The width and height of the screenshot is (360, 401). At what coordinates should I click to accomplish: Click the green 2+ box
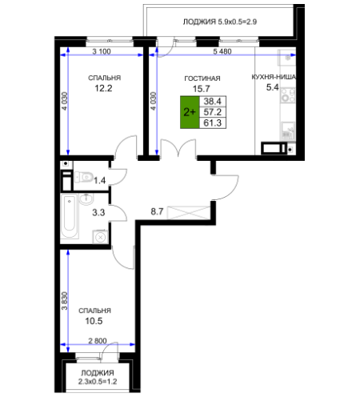pyautogui.click(x=190, y=112)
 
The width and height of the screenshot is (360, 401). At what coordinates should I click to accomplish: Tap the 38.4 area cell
pyautogui.click(x=213, y=101)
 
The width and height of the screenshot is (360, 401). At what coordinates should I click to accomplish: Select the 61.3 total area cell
pyautogui.click(x=213, y=123)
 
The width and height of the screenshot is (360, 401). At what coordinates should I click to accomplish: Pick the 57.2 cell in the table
pyautogui.click(x=213, y=112)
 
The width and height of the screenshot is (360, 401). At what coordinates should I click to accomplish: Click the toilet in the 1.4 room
pyautogui.click(x=84, y=177)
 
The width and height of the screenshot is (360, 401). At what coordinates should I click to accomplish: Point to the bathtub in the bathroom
pyautogui.click(x=70, y=216)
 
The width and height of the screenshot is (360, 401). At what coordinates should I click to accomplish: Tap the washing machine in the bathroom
pyautogui.click(x=100, y=237)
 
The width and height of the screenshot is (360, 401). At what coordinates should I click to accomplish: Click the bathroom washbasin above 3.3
pyautogui.click(x=86, y=199)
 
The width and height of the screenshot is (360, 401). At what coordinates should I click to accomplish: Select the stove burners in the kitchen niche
pyautogui.click(x=288, y=95)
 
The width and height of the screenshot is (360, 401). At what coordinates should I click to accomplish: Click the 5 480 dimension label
pyautogui.click(x=222, y=51)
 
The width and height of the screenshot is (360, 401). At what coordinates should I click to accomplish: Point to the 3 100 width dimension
pyautogui.click(x=102, y=51)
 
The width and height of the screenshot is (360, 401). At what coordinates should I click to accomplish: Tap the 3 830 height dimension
pyautogui.click(x=65, y=301)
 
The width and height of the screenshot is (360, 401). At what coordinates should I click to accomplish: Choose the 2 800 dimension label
pyautogui.click(x=98, y=341)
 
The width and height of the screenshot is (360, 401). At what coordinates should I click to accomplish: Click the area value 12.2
pyautogui.click(x=103, y=88)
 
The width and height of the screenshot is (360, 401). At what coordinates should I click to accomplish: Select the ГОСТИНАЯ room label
pyautogui.click(x=202, y=78)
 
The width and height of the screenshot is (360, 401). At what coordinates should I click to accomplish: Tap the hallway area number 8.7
pyautogui.click(x=157, y=211)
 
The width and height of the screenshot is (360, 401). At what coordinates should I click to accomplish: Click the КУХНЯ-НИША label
pyautogui.click(x=274, y=77)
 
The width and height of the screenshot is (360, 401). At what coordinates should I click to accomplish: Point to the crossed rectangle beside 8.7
pyautogui.click(x=189, y=213)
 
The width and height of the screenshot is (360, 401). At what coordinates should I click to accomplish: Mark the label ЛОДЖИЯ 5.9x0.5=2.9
pyautogui.click(x=220, y=22)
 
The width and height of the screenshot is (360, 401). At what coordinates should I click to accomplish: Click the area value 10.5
pyautogui.click(x=94, y=321)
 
